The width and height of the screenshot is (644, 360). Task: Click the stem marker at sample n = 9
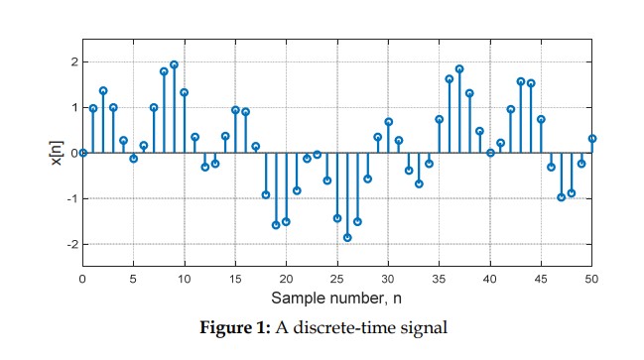(x=174, y=65)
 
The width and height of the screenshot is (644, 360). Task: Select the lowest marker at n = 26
(x=347, y=237)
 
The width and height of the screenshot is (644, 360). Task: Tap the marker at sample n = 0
(x=82, y=153)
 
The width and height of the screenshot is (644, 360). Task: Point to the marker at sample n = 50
(x=592, y=139)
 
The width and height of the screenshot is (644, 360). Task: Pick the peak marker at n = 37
(x=459, y=69)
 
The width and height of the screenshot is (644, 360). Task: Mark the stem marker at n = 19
(x=276, y=225)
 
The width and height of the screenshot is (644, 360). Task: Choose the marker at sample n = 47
(x=562, y=197)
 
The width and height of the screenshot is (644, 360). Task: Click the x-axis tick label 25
(x=337, y=279)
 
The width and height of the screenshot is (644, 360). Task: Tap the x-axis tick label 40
(x=490, y=279)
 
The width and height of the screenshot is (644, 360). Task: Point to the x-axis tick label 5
(x=133, y=279)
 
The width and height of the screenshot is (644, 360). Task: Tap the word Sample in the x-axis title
(x=295, y=298)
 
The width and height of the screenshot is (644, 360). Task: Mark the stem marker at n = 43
(x=521, y=81)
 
